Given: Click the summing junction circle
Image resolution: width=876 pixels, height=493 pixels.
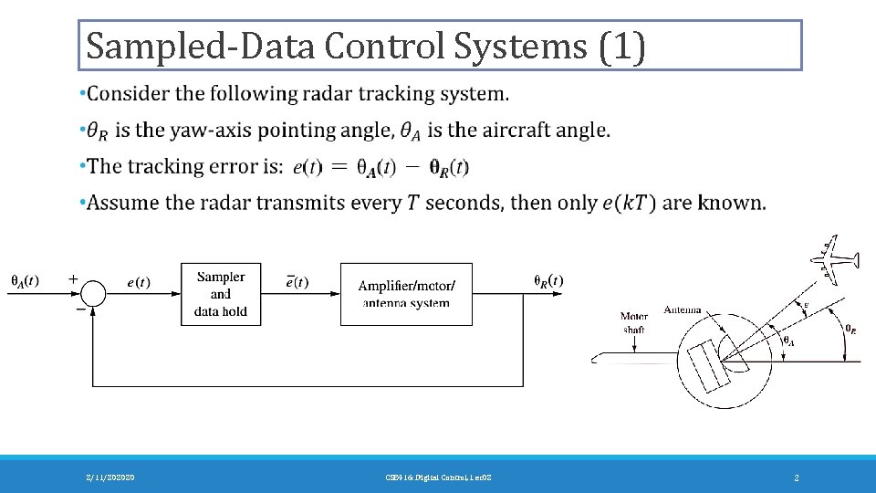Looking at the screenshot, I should [92, 294].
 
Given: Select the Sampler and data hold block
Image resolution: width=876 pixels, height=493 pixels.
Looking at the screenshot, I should [221, 294].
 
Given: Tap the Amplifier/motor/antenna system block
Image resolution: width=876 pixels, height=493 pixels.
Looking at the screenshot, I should [406, 294].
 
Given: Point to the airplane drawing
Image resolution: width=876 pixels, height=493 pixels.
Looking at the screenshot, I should [838, 258].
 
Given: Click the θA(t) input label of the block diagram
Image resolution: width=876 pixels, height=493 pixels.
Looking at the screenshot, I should [25, 279].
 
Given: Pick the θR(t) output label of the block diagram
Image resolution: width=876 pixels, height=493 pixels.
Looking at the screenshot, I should [548, 280].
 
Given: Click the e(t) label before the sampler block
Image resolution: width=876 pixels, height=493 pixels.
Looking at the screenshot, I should [139, 282].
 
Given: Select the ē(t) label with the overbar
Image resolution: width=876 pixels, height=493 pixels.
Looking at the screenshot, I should [297, 282].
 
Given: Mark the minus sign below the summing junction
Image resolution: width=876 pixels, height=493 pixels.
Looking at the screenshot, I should [80, 309].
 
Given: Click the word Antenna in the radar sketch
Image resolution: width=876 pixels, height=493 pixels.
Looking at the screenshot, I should [683, 309].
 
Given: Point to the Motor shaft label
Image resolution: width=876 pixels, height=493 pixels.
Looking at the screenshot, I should [634, 322].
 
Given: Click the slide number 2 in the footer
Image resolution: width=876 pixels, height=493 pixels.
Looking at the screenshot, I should [797, 477].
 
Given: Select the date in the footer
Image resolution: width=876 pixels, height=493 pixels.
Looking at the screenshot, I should [110, 477].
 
